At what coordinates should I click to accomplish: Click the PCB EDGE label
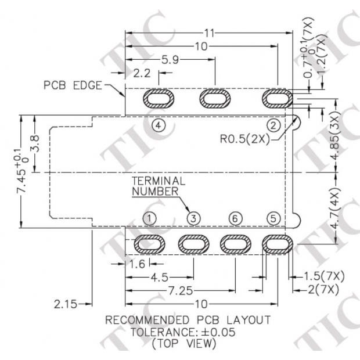pos(73,85)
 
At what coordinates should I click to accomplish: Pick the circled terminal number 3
pos(194,218)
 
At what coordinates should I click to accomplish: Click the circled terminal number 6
pos(235,218)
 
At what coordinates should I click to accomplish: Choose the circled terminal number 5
pos(275,218)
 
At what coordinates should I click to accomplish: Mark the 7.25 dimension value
pos(175,290)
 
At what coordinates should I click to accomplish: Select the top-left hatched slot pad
pos(158,99)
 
